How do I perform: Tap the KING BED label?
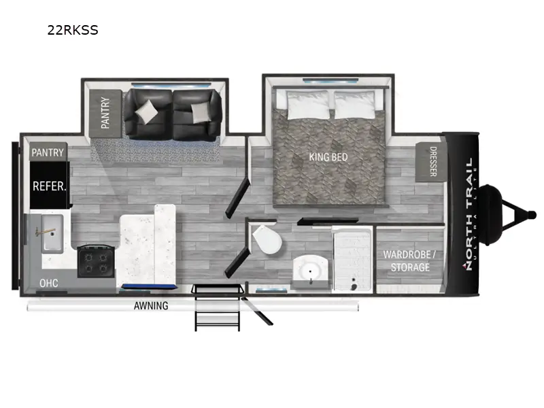[x=328, y=157]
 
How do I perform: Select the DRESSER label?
[x=431, y=161]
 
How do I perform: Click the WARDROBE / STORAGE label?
[x=410, y=260]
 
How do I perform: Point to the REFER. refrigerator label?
[x=50, y=185]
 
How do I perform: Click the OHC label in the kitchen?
[x=48, y=282]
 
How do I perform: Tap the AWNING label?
[x=150, y=306]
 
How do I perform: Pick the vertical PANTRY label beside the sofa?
[x=105, y=112]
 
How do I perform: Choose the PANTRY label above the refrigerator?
[x=48, y=152]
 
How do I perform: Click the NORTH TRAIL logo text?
[x=468, y=214]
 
